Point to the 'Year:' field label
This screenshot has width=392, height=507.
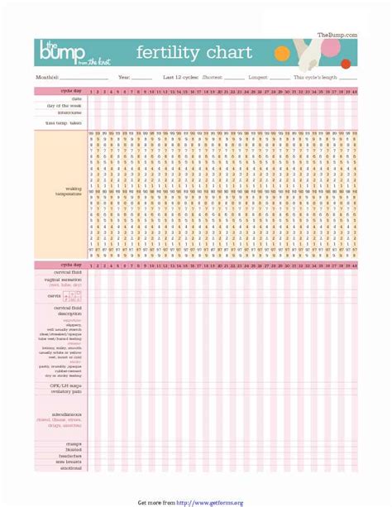pos(124,77)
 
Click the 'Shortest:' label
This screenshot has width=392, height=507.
pos(212,77)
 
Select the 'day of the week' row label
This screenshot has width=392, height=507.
pos(65,105)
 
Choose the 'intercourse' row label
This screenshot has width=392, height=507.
pos(69,112)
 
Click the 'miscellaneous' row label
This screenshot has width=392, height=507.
pos(66,414)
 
